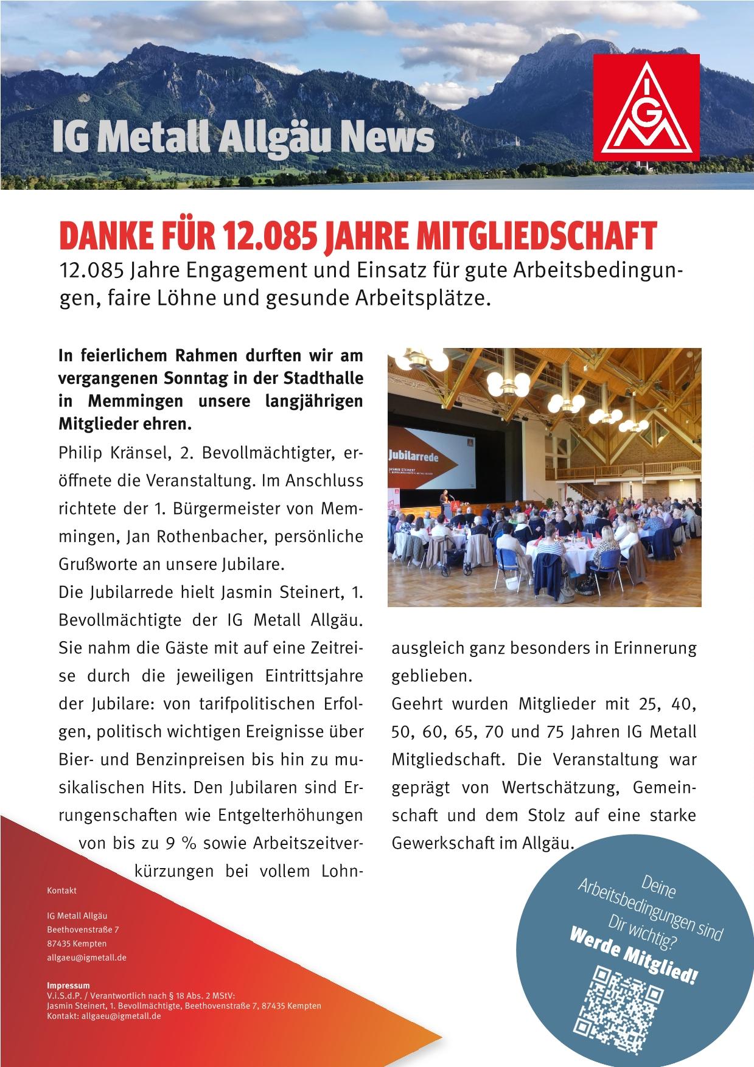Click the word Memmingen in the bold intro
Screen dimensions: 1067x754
tap(134, 401)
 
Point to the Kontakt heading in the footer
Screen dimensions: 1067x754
tap(62, 890)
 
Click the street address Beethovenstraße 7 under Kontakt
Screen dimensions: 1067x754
tap(83, 930)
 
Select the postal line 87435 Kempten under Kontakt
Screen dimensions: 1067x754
tap(77, 944)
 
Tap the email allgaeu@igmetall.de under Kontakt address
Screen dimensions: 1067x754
tap(86, 958)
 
